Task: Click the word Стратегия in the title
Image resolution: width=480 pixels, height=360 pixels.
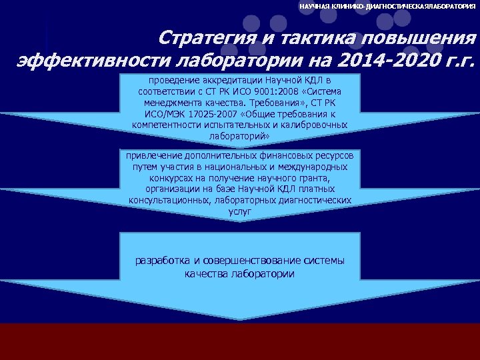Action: click(201, 37)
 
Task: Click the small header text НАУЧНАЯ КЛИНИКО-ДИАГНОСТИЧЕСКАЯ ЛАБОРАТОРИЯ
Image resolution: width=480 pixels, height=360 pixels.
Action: click(387, 6)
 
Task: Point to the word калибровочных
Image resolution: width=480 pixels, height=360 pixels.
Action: click(315, 125)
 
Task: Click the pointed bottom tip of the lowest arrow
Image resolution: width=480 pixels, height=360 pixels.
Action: click(240, 319)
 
